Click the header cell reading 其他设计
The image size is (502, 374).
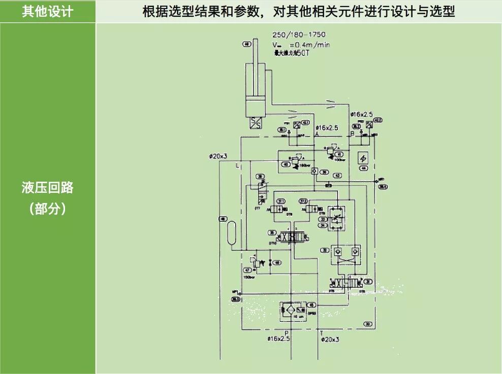click(47, 11)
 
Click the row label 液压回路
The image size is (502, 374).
click(47, 187)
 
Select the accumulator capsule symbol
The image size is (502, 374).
click(233, 232)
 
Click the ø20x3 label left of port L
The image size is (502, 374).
click(218, 156)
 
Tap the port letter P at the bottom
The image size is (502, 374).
click(287, 333)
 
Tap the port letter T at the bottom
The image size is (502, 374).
click(321, 333)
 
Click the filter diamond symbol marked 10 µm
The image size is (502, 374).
click(290, 309)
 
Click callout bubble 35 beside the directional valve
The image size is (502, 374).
click(272, 233)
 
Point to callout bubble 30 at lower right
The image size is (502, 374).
click(367, 323)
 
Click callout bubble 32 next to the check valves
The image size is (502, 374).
click(323, 250)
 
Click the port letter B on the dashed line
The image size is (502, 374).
click(352, 133)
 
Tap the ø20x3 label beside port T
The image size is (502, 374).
click(330, 339)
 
